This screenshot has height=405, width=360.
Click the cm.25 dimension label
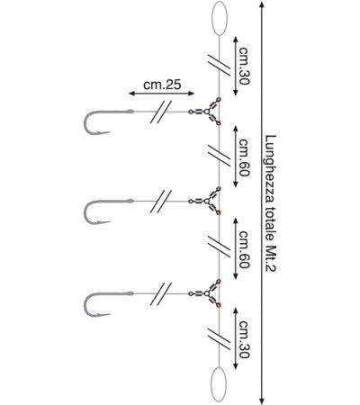(x=162, y=85)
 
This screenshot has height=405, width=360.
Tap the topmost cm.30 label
(x=244, y=66)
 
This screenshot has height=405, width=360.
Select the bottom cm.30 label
(x=244, y=339)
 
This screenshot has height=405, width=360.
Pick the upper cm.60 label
(x=244, y=157)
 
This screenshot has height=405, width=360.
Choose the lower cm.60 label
(x=244, y=249)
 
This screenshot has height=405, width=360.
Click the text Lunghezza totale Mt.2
(x=271, y=203)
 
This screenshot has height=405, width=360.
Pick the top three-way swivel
(x=207, y=112)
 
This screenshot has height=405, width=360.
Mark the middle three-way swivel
(x=207, y=201)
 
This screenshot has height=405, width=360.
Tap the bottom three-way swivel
(x=207, y=293)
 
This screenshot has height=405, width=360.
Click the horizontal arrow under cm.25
(x=161, y=94)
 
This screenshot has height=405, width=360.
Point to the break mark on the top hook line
(x=161, y=112)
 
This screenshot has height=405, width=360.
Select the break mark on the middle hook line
(x=161, y=202)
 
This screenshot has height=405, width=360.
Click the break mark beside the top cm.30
(x=220, y=65)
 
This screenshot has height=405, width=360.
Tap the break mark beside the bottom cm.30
(x=220, y=338)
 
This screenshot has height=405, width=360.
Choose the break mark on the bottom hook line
(x=161, y=293)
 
